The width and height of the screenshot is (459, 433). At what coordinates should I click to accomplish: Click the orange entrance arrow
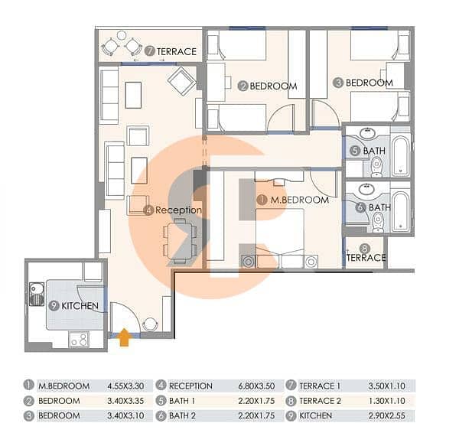(124, 337)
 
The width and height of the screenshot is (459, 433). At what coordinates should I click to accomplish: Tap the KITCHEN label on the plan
(80, 306)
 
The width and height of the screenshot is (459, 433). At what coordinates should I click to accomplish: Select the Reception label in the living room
(178, 210)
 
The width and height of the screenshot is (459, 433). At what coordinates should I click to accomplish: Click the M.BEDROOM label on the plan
(299, 200)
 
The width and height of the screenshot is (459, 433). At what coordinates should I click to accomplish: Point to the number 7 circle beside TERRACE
(150, 51)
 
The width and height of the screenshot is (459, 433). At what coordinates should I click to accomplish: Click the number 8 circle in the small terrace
(364, 249)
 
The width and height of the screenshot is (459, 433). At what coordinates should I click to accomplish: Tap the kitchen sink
(37, 294)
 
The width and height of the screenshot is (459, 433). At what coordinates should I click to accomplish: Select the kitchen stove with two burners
(79, 340)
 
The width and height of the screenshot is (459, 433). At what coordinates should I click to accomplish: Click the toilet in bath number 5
(376, 167)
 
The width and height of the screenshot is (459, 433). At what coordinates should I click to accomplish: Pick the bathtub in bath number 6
(400, 211)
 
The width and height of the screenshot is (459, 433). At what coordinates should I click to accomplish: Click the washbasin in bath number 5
(369, 133)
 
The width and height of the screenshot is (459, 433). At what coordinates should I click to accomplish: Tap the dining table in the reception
(180, 241)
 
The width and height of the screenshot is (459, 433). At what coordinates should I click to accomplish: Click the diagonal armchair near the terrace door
(182, 81)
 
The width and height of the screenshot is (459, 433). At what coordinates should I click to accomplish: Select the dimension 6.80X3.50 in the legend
(256, 386)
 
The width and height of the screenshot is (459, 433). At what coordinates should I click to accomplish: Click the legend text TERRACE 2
(321, 401)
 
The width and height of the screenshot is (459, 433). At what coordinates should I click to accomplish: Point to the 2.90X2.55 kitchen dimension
(386, 415)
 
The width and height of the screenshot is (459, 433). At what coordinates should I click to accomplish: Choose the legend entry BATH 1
(182, 401)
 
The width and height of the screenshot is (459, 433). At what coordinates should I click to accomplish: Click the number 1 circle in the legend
(29, 385)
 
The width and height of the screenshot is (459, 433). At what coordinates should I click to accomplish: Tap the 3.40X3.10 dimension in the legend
(125, 415)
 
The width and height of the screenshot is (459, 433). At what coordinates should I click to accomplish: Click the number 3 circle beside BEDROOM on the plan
(338, 83)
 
